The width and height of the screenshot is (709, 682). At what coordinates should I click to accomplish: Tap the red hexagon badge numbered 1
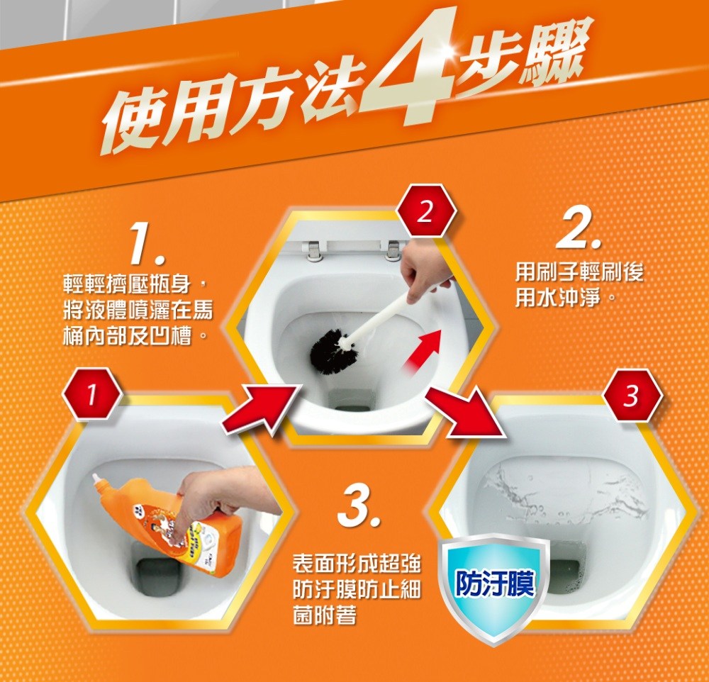(92, 394)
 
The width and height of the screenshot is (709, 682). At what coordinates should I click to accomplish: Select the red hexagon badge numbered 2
(425, 211)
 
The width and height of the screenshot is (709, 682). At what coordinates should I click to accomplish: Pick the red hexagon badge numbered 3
(632, 396)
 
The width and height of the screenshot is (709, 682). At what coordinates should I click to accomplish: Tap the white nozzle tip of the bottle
(96, 478)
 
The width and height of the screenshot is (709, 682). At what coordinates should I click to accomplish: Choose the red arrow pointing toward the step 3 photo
(466, 413)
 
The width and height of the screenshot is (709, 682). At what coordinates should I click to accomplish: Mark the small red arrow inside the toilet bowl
(423, 354)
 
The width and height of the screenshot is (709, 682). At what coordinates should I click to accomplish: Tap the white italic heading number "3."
(359, 505)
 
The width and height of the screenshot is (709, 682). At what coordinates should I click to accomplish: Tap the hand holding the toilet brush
(425, 272)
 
